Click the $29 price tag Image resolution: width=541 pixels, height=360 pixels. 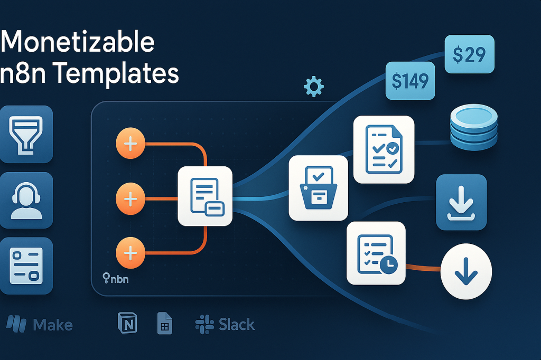pos(470,54)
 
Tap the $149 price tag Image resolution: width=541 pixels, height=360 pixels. pos(411,81)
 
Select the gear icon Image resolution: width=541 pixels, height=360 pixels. pos(314,86)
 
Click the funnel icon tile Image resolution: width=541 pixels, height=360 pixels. pos(26,134)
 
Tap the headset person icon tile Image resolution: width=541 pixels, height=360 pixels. pos(26,200)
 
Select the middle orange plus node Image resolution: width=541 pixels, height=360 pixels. pos(130,199)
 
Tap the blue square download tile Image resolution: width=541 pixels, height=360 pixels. pos(461,202)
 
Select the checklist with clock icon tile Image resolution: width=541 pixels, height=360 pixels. pos(376,253)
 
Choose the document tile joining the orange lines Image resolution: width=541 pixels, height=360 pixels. pos(205,196)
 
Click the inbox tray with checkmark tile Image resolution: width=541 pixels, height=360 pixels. pos(318,187)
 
